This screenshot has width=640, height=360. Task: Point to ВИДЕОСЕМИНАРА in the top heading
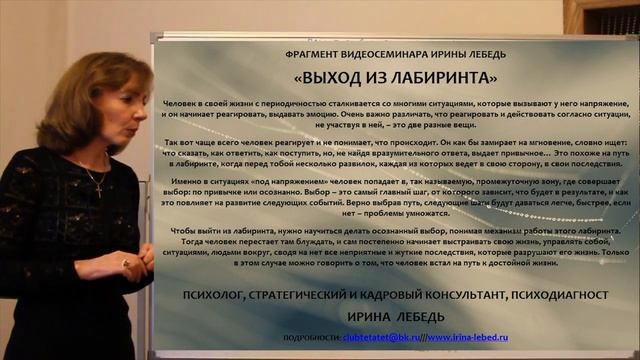point(381,51)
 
